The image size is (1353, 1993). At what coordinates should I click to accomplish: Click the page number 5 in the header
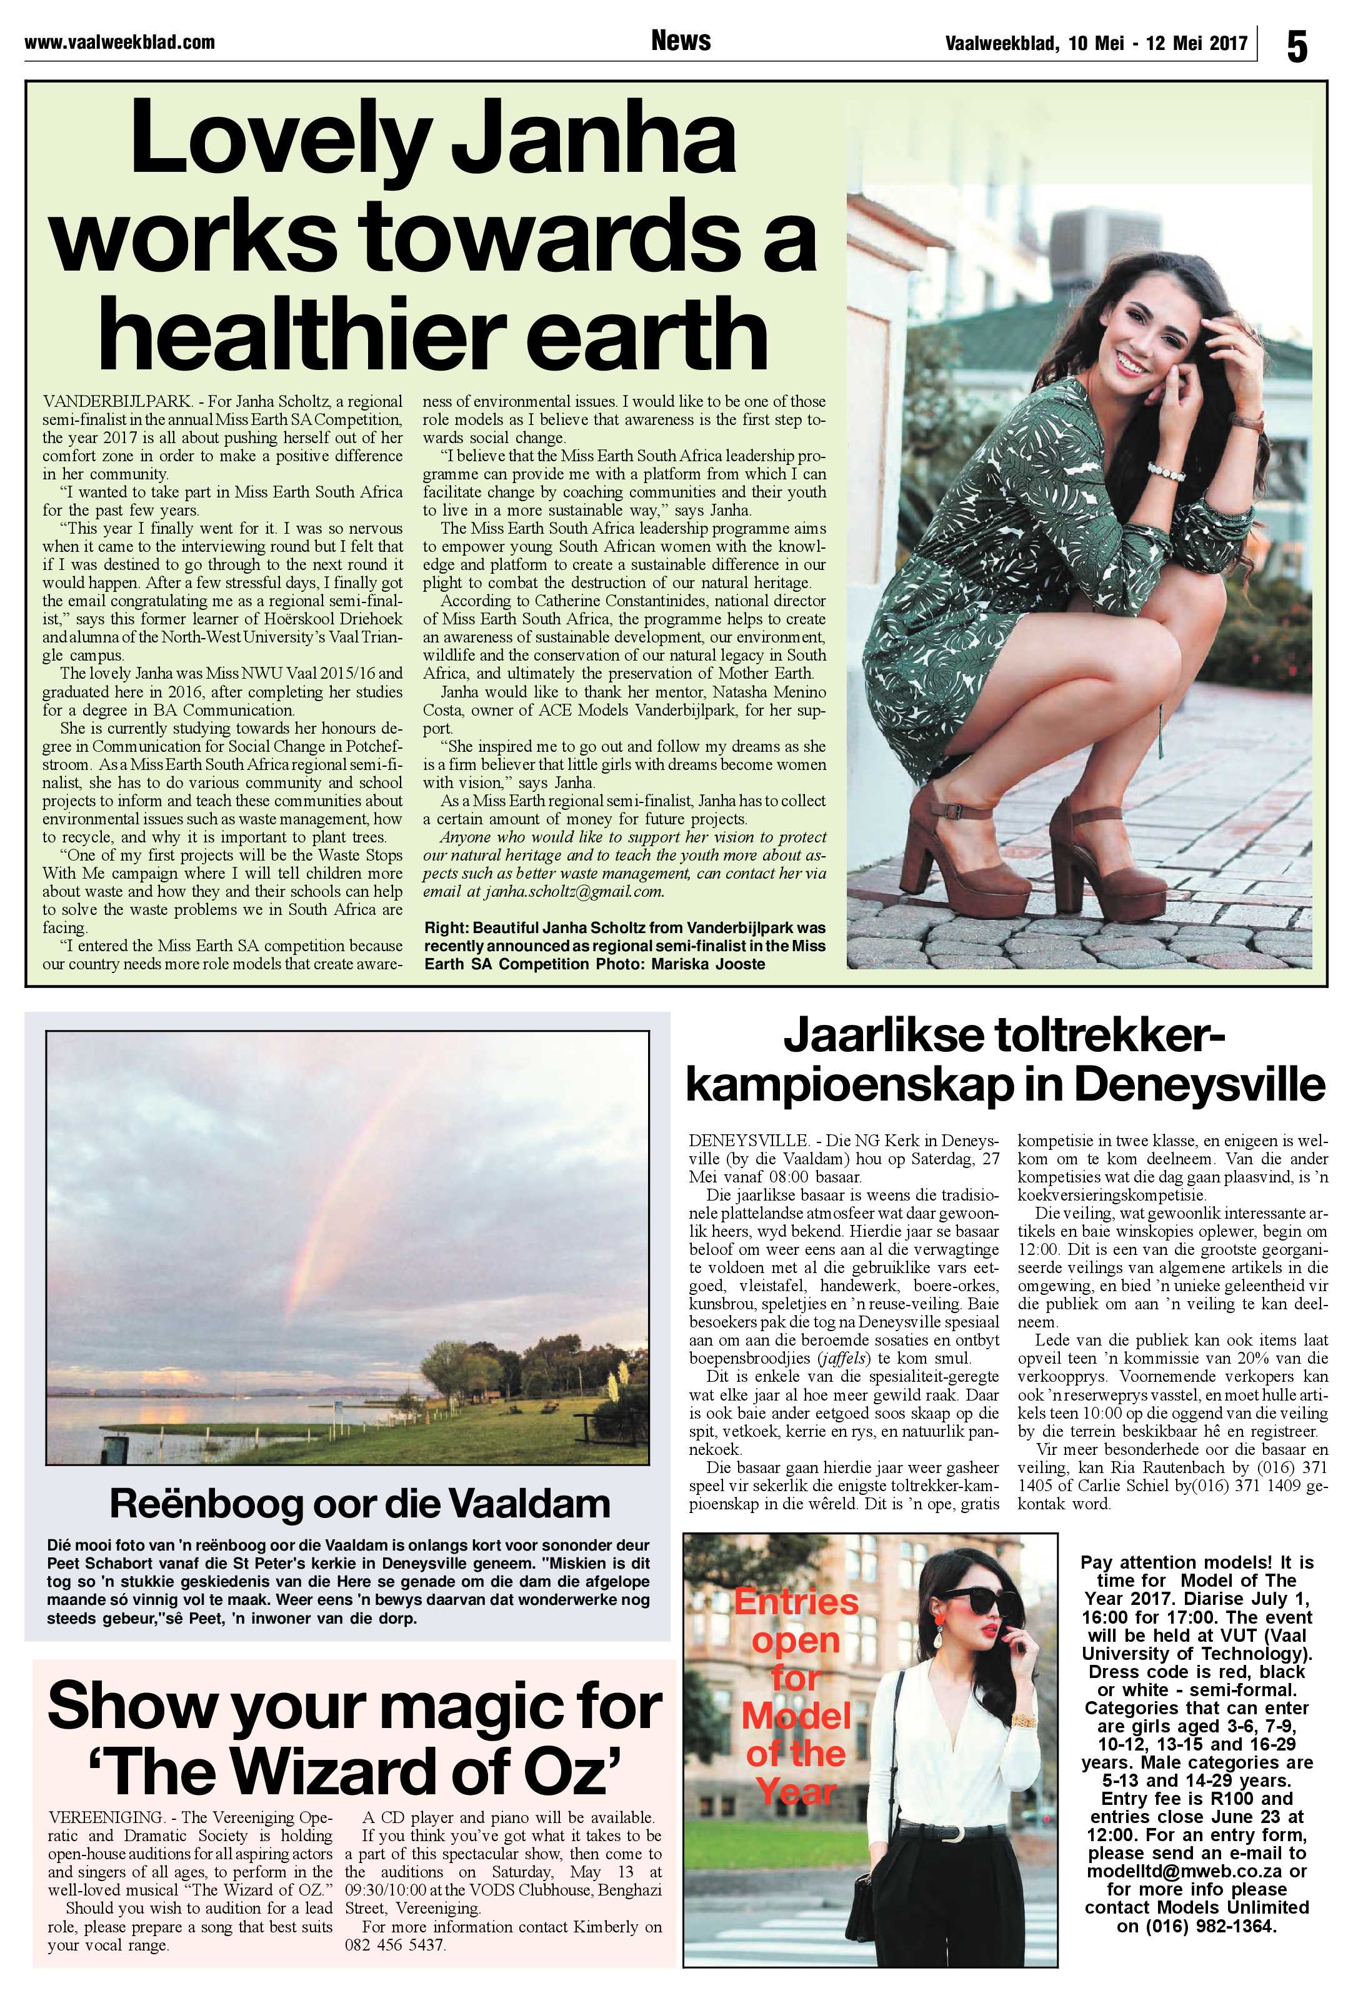coord(1296,46)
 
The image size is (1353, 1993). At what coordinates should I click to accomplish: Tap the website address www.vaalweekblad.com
coord(119,42)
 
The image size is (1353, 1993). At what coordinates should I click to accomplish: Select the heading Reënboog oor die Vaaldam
coord(360,1503)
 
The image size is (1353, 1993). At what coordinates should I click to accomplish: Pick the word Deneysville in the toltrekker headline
coord(1199,1085)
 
